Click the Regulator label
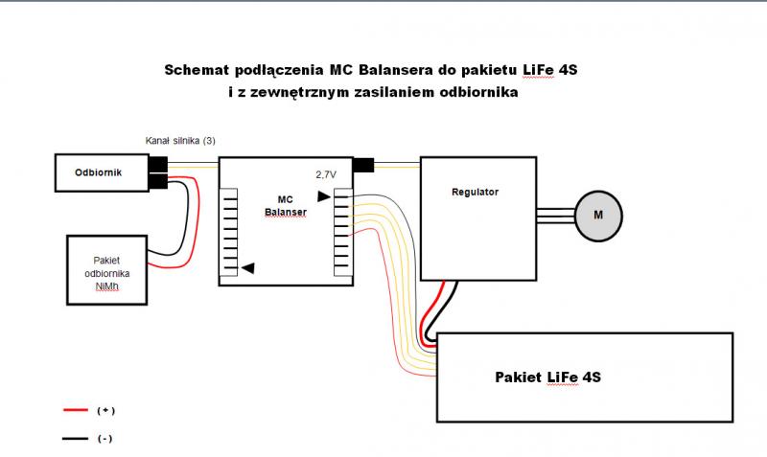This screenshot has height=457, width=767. coord(475,193)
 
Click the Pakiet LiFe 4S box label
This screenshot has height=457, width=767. coord(547,377)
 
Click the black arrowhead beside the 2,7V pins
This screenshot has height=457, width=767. coord(324,196)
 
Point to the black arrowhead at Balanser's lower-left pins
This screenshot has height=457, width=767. coord(247,269)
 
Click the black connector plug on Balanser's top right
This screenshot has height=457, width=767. coord(363,165)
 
